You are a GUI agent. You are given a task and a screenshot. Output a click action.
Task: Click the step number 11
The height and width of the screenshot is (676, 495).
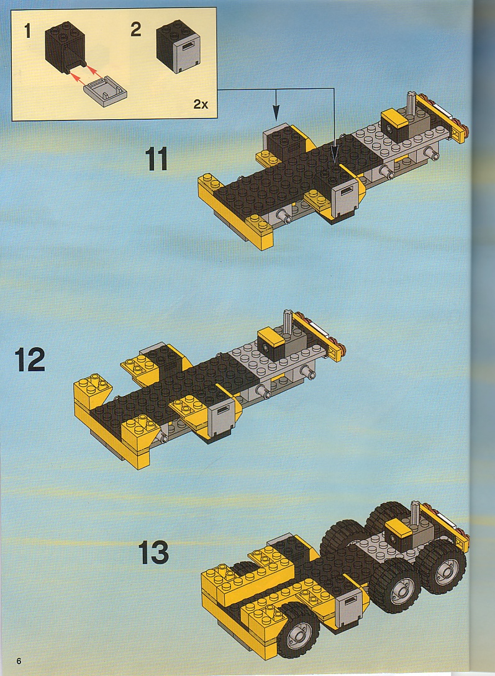(156, 159)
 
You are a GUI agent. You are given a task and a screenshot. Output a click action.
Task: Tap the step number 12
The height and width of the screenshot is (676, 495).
(30, 359)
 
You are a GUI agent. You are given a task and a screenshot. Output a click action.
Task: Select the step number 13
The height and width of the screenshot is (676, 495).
(153, 552)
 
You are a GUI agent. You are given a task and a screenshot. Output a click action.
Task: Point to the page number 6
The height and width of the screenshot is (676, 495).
(19, 660)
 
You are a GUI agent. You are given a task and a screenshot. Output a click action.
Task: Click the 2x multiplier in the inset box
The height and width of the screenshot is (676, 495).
(201, 104)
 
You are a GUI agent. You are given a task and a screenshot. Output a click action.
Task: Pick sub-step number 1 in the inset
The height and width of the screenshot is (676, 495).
(27, 31)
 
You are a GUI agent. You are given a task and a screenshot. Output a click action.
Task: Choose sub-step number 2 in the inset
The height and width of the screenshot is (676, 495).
(136, 29)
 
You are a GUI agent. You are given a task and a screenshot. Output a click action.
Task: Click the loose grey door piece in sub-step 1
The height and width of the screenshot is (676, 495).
(105, 90)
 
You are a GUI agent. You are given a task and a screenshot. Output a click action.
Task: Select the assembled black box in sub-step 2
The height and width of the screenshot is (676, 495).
(178, 46)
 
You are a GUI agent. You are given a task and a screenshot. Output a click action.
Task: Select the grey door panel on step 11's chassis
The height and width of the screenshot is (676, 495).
(345, 196)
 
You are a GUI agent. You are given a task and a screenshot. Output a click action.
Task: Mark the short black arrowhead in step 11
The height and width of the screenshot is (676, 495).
(276, 114)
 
